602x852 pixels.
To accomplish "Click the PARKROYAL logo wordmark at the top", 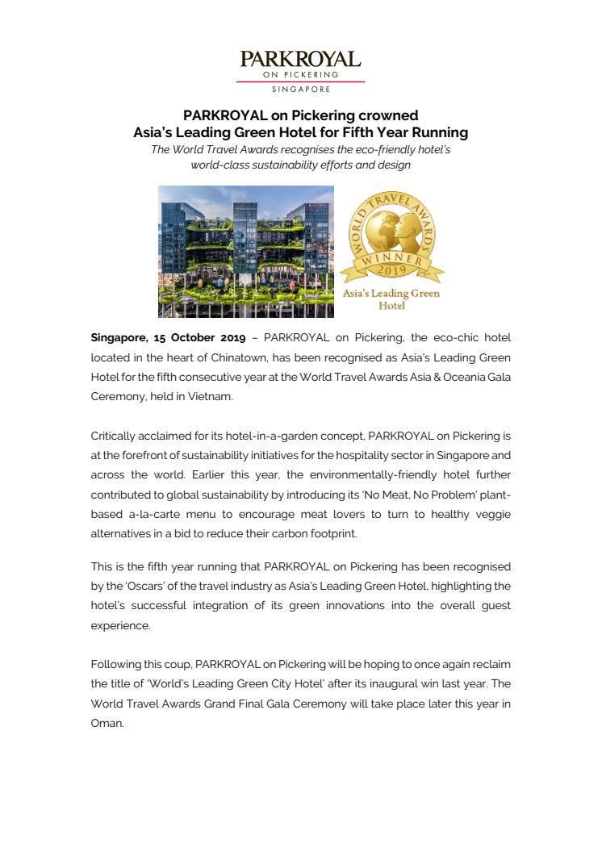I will (300, 59).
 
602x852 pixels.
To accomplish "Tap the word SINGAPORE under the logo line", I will (300, 89).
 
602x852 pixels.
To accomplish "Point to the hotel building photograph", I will (245, 251).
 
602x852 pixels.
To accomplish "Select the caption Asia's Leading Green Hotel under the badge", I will (391, 299).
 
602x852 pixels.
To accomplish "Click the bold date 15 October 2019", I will (202, 336).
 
